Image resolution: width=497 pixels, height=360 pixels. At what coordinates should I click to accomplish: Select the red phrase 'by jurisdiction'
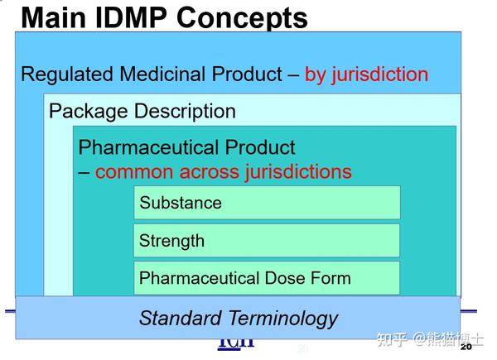tap(366, 74)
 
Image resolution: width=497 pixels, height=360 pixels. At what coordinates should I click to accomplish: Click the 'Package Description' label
tap(142, 111)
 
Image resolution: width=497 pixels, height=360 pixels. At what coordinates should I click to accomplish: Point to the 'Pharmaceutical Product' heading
tap(186, 148)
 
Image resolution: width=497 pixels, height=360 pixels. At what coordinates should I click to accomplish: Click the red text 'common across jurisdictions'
tap(224, 172)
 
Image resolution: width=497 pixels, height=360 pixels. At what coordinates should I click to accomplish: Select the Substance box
tap(267, 203)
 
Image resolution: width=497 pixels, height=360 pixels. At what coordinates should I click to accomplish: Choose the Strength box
tap(267, 241)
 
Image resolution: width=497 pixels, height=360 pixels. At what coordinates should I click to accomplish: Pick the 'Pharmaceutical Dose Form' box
tap(267, 278)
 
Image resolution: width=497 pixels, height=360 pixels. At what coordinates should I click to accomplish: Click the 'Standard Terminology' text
tap(239, 318)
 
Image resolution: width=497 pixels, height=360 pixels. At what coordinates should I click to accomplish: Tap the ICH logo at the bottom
tap(236, 342)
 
